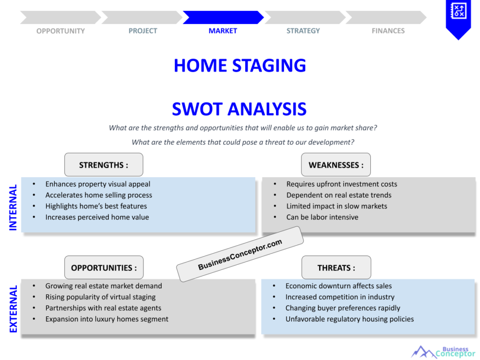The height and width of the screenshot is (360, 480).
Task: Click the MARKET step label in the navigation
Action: click(x=223, y=31)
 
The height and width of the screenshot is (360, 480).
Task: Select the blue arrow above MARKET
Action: click(x=223, y=17)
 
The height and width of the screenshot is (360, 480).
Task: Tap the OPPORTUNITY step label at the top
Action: click(x=60, y=31)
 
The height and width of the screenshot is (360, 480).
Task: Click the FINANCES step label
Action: click(x=388, y=31)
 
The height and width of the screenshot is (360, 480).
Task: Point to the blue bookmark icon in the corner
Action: click(x=458, y=18)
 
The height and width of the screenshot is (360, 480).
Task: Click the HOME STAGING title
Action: click(x=240, y=66)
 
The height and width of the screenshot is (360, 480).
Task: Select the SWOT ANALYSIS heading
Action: click(x=239, y=109)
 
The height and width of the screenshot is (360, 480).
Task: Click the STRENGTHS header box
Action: click(x=104, y=165)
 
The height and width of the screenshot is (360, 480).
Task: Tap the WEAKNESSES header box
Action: click(x=336, y=165)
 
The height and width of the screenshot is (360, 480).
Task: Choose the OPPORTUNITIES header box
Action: click(x=104, y=268)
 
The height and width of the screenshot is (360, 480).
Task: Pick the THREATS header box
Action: click(x=336, y=268)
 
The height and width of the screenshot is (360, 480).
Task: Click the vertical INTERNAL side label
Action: click(x=13, y=207)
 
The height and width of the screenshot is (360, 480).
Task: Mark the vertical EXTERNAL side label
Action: click(x=13, y=309)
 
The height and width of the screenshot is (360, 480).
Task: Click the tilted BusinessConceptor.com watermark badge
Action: click(x=240, y=254)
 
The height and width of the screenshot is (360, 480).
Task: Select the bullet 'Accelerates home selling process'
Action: click(x=98, y=195)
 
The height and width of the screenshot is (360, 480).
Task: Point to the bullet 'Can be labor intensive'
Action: click(x=322, y=217)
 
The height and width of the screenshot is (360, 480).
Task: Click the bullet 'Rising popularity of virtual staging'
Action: click(x=100, y=297)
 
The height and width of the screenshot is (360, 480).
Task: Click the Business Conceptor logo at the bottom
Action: click(x=443, y=352)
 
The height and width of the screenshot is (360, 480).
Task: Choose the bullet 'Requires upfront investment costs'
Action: click(x=342, y=184)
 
